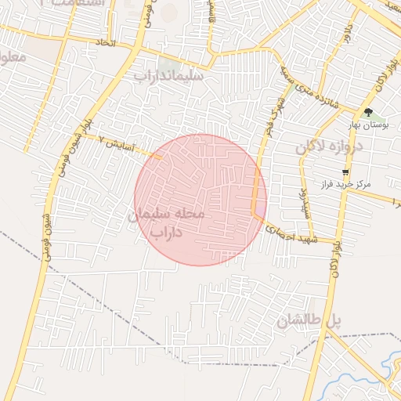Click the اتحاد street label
pyautogui.click(x=104, y=42)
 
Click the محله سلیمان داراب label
pyautogui.click(x=165, y=222)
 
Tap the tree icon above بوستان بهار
pyautogui.click(x=368, y=113)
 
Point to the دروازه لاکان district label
pyautogui.click(x=331, y=146)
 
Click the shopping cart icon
pyautogui.click(x=345, y=172)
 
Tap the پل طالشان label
pyautogui.click(x=310, y=320)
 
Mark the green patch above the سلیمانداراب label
pyautogui.click(x=166, y=63)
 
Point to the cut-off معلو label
pyautogui.click(x=14, y=56)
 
